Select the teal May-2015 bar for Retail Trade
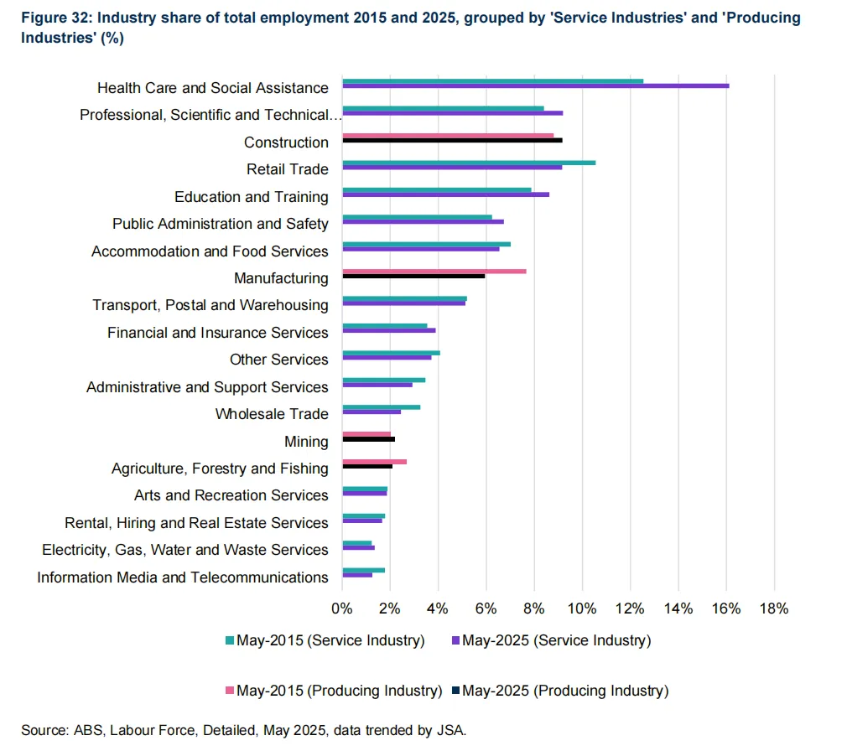(469, 162)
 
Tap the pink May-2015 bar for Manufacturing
(434, 271)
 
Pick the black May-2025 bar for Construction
(452, 140)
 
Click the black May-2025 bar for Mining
(368, 439)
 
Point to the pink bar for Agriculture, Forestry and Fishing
(374, 461)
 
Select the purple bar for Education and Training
(445, 194)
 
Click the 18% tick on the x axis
(773, 608)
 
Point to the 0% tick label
(342, 608)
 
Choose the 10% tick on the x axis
(582, 608)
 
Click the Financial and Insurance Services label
(217, 333)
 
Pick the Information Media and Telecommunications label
(182, 577)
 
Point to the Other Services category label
(278, 360)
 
